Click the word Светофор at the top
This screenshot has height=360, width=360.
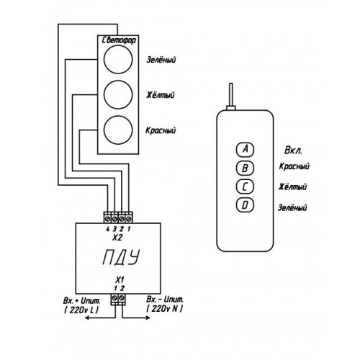(x=119, y=40)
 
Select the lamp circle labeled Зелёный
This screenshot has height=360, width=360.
(x=118, y=59)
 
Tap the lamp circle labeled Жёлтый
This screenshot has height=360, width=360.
(x=118, y=94)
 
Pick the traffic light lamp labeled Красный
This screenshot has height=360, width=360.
(x=118, y=130)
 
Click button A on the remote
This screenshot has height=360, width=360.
(x=245, y=149)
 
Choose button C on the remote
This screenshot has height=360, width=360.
(x=245, y=186)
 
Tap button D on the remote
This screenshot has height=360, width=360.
(x=245, y=205)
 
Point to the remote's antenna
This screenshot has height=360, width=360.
(x=231, y=95)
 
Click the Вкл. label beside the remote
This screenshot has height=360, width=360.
(x=293, y=150)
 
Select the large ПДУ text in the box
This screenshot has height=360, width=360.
(x=121, y=257)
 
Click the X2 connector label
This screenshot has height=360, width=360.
(x=117, y=238)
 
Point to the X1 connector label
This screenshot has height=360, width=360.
(x=120, y=280)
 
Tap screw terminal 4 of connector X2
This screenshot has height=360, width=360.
(x=107, y=219)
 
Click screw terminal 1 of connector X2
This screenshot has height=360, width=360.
(x=129, y=219)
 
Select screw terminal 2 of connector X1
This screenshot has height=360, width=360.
(x=122, y=298)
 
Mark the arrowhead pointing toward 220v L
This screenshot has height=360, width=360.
(x=88, y=318)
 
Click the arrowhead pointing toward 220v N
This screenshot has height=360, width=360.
(x=148, y=318)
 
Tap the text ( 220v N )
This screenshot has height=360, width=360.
(x=164, y=309)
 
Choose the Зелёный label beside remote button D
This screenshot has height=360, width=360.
(x=292, y=207)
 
